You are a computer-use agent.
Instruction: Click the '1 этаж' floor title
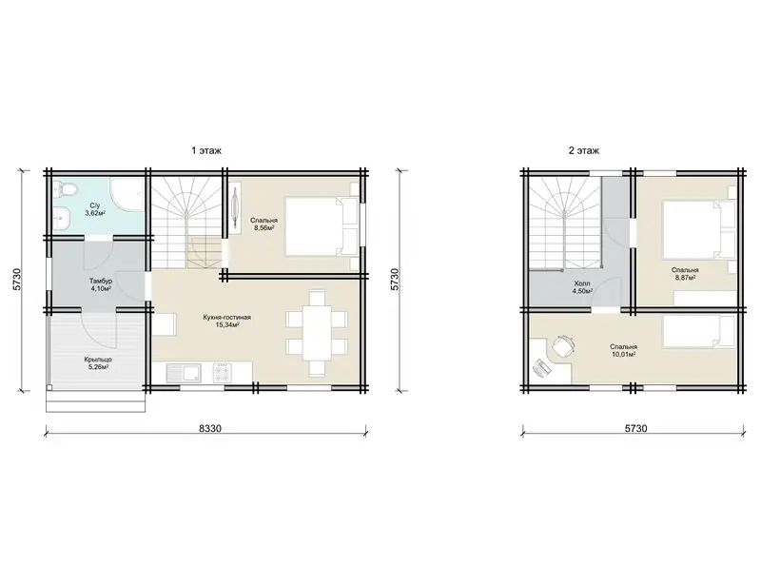point(206,150)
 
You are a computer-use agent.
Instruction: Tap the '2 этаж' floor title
point(584,150)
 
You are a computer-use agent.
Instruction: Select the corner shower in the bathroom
point(127,198)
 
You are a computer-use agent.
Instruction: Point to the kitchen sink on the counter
point(184,373)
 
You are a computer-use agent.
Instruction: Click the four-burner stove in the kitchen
point(222,373)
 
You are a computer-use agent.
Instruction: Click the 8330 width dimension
point(210,428)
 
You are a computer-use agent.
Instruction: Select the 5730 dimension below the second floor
point(635,428)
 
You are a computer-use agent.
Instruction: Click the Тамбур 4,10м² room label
point(101,284)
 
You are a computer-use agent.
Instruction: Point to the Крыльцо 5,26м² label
point(97,362)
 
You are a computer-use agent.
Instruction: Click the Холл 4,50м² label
point(582,287)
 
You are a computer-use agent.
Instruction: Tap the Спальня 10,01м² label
point(624,351)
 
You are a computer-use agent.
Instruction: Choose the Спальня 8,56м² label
point(264,224)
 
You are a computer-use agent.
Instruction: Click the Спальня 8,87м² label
point(685,274)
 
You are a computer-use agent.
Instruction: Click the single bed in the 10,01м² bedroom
point(698,331)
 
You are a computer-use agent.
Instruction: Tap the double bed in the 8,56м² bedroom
point(322,226)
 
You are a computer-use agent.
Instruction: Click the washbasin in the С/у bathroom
point(62,217)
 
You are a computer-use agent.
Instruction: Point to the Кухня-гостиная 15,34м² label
point(226,321)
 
